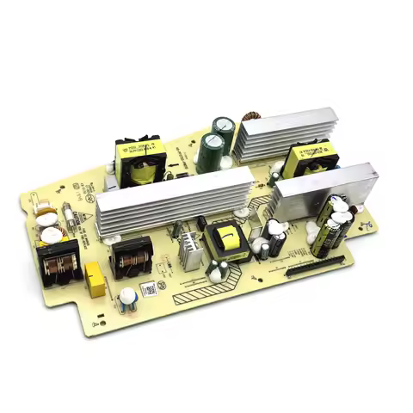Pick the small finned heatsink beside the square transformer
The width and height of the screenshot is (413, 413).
[192, 252]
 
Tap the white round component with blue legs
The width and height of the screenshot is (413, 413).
[127, 298]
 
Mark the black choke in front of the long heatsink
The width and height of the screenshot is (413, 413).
[133, 256]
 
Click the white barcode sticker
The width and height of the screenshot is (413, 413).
[150, 288]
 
